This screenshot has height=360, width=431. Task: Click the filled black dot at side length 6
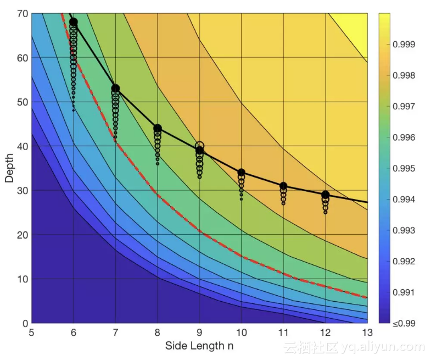pyautogui.click(x=74, y=22)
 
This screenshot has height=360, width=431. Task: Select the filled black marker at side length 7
pyautogui.click(x=115, y=88)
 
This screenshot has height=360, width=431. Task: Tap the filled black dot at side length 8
pyautogui.click(x=158, y=129)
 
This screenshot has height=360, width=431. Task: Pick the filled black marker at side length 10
pyautogui.click(x=241, y=173)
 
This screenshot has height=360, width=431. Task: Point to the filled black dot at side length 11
pyautogui.click(x=283, y=186)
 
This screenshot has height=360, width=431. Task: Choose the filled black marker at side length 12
pyautogui.click(x=325, y=195)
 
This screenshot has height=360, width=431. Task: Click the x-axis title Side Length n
pyautogui.click(x=199, y=346)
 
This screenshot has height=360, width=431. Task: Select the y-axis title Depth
pyautogui.click(x=9, y=168)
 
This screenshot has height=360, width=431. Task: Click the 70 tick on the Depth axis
pyautogui.click(x=21, y=14)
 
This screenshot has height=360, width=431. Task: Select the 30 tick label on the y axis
pyautogui.click(x=21, y=191)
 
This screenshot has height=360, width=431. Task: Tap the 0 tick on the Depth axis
pyautogui.click(x=24, y=323)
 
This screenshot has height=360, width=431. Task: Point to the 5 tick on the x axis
pyautogui.click(x=32, y=333)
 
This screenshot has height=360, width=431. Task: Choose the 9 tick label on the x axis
pyautogui.click(x=199, y=333)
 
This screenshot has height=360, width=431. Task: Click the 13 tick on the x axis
pyautogui.click(x=367, y=333)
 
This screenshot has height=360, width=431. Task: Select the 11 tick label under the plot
pyautogui.click(x=283, y=333)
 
